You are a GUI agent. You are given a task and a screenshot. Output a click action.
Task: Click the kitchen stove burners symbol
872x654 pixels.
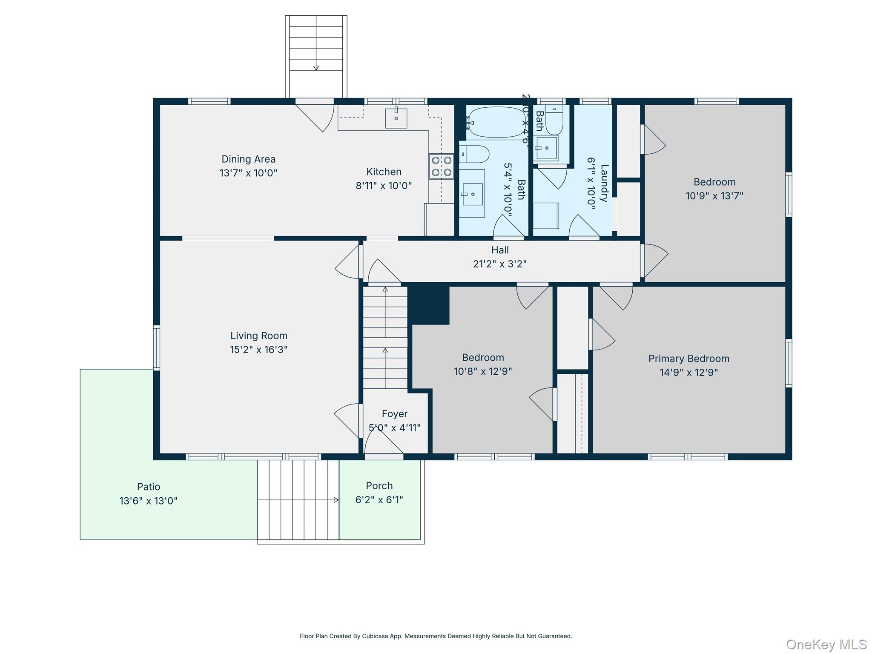click(x=441, y=166)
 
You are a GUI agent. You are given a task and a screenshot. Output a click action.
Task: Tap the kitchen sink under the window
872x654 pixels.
click(x=396, y=118)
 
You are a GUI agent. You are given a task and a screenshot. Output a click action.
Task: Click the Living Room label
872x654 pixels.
click(x=259, y=336)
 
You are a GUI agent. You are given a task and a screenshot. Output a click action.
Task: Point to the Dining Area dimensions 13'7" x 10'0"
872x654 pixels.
click(x=248, y=173)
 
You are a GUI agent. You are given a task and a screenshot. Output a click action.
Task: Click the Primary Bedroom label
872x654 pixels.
click(x=688, y=359)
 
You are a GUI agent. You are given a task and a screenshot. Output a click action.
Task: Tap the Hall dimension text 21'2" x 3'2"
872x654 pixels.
click(x=499, y=264)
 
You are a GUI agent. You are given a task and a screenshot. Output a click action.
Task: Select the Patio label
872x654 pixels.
click(x=149, y=487)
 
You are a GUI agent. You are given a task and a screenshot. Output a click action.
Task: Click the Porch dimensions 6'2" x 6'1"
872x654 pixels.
click(x=379, y=499)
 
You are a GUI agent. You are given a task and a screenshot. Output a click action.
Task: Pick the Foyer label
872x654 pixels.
click(x=394, y=414)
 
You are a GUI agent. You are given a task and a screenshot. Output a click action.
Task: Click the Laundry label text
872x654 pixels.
click(x=604, y=183)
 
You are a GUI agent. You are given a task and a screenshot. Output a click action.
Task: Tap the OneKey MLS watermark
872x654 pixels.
click(x=826, y=644)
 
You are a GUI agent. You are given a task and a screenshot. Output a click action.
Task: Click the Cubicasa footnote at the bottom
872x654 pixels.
click(x=436, y=636)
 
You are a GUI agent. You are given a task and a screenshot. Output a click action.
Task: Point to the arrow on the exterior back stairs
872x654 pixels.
click(x=316, y=67)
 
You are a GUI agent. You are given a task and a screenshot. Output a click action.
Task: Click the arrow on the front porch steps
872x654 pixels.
click(x=336, y=500)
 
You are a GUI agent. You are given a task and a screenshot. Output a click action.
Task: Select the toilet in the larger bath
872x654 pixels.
click(x=474, y=154)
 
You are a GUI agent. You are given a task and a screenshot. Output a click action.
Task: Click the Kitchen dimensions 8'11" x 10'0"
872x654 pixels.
click(x=384, y=186)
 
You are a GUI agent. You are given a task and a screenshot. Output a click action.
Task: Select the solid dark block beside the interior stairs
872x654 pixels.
click(x=428, y=304)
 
